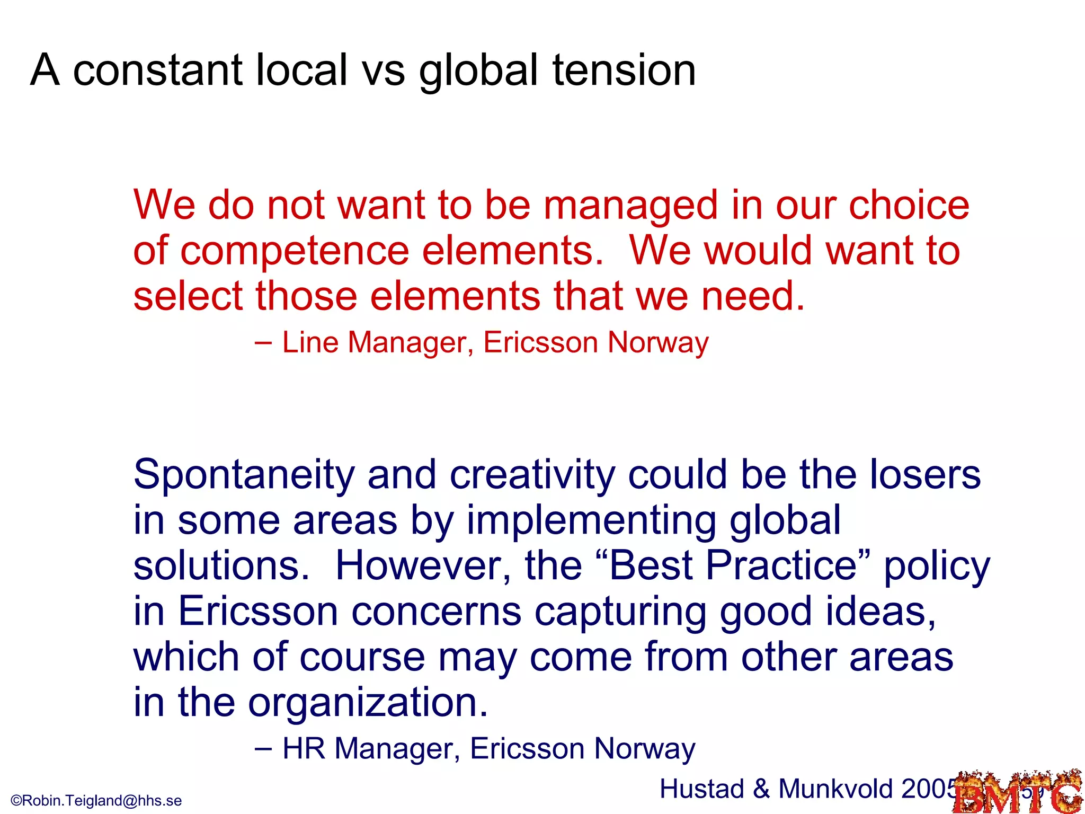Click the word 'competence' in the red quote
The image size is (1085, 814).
point(295,251)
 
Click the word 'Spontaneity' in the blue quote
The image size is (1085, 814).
point(244,475)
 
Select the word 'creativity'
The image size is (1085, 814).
point(532,475)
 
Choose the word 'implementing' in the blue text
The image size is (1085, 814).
point(591,520)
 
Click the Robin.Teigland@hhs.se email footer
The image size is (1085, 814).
point(96,800)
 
